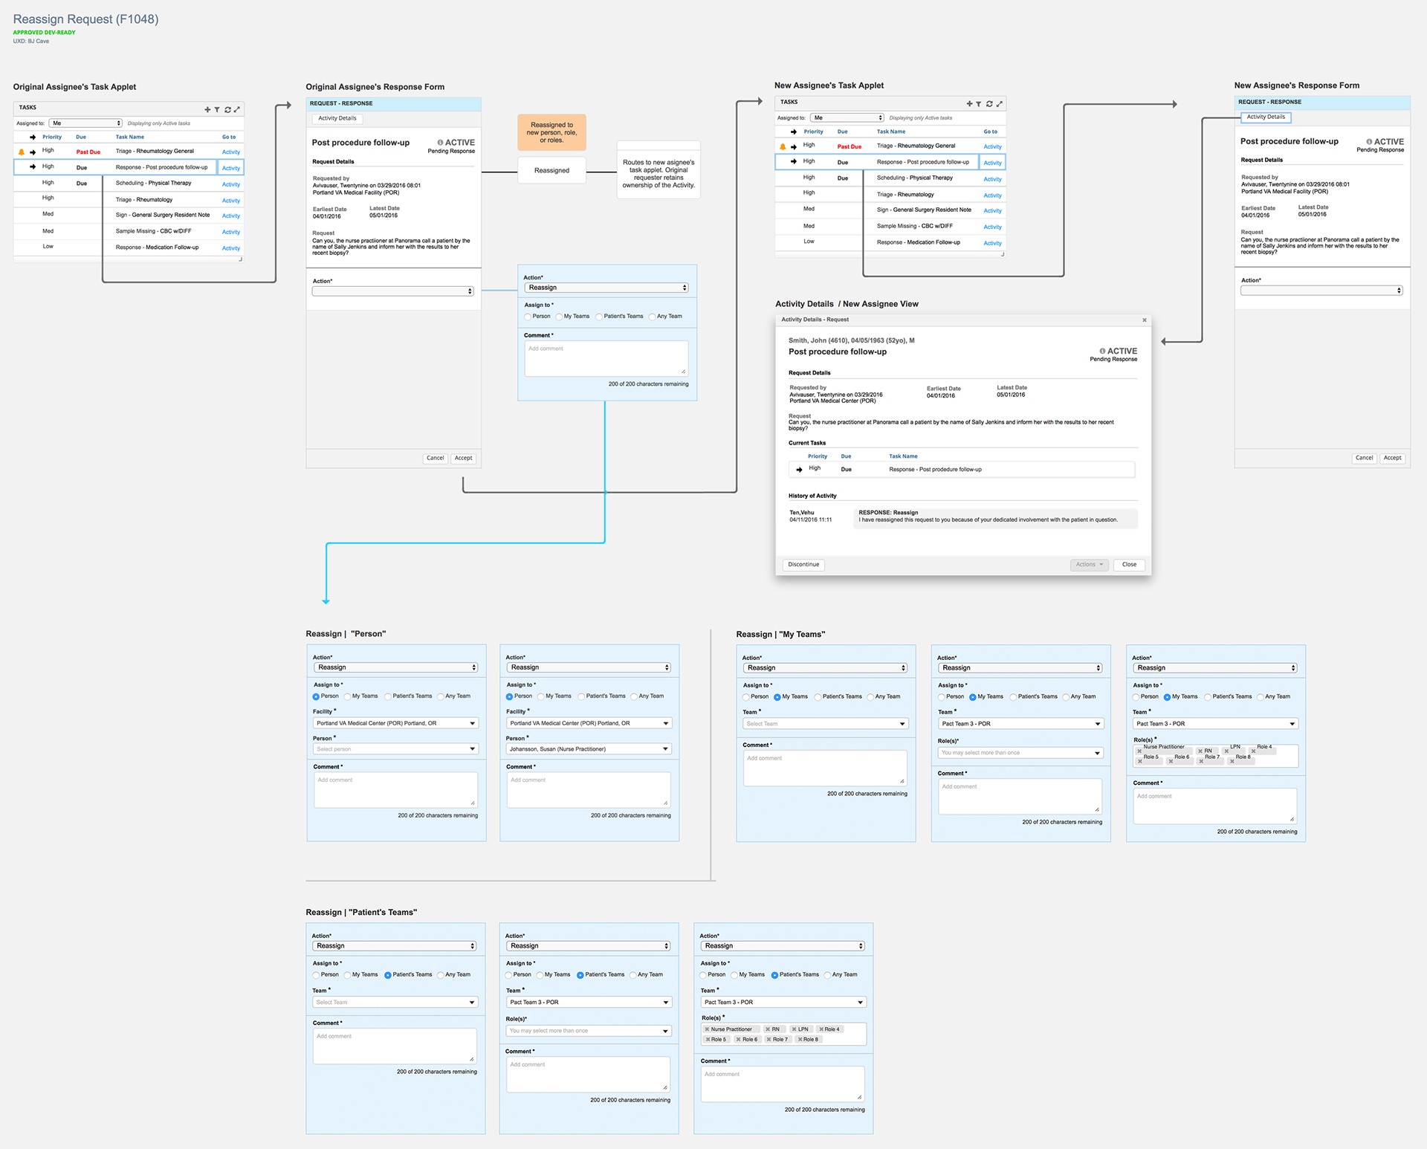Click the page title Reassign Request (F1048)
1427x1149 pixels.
click(85, 19)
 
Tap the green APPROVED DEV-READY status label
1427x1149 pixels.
click(44, 33)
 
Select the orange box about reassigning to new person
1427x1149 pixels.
click(551, 132)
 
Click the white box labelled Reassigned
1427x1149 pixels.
click(551, 170)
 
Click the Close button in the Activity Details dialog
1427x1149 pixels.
click(1129, 565)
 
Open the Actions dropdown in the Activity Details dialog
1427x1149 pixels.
click(1090, 565)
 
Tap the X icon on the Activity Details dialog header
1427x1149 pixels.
click(1145, 320)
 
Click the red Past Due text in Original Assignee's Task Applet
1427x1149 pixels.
click(88, 152)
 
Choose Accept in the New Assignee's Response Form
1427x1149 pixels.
click(1392, 458)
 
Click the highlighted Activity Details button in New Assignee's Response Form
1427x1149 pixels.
click(1266, 117)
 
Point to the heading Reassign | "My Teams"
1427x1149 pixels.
click(780, 635)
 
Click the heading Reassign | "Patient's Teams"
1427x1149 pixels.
click(361, 913)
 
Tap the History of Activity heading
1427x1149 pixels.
click(812, 496)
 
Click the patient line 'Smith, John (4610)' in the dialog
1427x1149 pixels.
click(851, 340)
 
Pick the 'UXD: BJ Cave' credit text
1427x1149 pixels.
click(31, 42)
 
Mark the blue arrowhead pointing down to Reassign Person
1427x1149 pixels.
click(326, 601)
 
